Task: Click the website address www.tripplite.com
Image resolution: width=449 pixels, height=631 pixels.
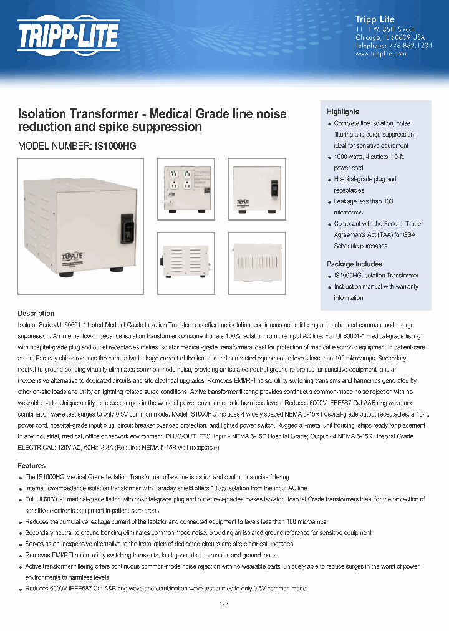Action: tap(380, 54)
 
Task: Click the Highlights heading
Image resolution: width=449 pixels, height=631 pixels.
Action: tap(343, 112)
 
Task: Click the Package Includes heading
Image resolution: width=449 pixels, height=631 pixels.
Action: tap(354, 264)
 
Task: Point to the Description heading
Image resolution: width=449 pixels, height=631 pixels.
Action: tap(36, 314)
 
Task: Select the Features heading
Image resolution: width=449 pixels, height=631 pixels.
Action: tap(31, 466)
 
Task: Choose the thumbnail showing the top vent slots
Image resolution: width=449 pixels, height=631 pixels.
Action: tap(256, 259)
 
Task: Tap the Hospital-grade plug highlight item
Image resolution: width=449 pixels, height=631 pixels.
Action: tap(365, 180)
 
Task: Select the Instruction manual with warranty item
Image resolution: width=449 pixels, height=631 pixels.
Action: tap(376, 287)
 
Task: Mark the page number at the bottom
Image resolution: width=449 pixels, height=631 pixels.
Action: tap(224, 603)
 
